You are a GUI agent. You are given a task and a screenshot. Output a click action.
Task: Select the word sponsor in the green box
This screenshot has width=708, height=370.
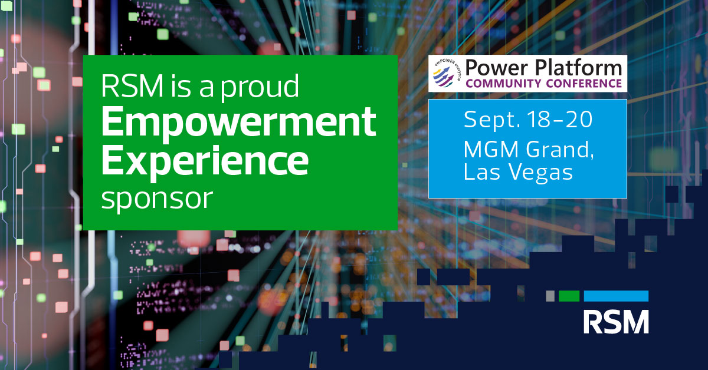(x=157, y=200)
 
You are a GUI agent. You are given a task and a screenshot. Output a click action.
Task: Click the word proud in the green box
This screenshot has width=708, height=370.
(x=260, y=87)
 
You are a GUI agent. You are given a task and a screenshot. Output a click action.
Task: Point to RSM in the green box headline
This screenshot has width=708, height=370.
(x=132, y=86)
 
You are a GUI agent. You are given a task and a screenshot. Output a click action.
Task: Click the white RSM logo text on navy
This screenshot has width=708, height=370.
(x=616, y=322)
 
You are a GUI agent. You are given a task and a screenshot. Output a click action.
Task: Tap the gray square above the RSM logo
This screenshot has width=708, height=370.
(x=550, y=296)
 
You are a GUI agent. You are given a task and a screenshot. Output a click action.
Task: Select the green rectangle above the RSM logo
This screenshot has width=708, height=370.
(x=569, y=296)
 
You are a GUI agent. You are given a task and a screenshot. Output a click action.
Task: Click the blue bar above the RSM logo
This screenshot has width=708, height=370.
(x=616, y=296)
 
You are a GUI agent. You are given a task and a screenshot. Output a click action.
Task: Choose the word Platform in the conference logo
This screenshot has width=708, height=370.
(x=578, y=68)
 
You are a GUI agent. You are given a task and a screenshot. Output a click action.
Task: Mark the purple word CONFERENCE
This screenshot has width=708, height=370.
(x=584, y=84)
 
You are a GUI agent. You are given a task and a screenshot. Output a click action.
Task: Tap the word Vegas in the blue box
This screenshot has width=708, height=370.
(x=541, y=173)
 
